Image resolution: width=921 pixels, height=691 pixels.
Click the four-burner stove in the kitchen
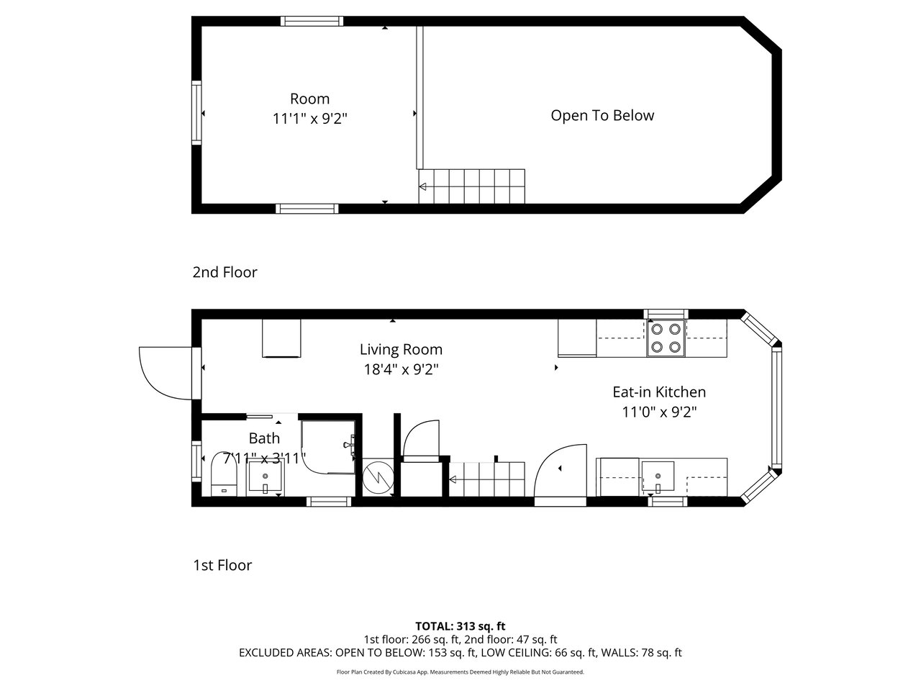coord(666,338)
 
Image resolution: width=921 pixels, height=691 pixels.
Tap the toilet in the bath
coord(224,474)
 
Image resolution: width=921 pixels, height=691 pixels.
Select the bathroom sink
coord(266,477)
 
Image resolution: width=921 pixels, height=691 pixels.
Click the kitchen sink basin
coord(658,477)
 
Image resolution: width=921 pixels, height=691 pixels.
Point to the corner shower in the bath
coord(328,446)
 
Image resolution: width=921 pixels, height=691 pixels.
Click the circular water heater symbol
coord(378,478)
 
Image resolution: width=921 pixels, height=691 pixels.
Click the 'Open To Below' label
coord(602,115)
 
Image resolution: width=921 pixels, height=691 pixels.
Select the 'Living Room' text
coord(401,350)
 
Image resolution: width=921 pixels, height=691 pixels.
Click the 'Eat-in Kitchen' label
coord(659,392)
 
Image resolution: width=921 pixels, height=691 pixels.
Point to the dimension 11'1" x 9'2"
coord(310,119)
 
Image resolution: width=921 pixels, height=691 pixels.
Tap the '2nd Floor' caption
coord(225,272)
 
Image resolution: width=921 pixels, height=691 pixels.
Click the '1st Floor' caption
coord(222,565)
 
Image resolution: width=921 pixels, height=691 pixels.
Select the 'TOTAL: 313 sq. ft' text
coord(460,626)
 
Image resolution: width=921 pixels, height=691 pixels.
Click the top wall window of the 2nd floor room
coord(312,21)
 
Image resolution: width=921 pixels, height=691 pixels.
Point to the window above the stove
coord(666,314)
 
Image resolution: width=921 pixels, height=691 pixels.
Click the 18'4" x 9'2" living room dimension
coord(401,370)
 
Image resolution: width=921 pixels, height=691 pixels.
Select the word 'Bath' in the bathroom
coord(264,438)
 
